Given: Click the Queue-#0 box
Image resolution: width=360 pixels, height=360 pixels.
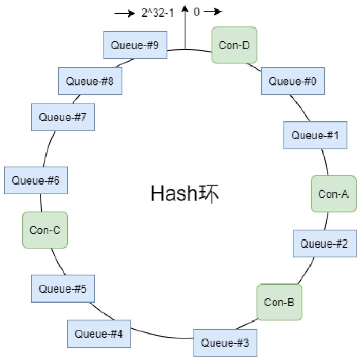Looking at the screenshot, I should (293, 81).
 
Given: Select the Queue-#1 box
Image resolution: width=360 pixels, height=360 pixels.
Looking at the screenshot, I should (315, 135).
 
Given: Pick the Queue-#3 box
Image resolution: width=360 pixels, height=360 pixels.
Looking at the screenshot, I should (225, 343).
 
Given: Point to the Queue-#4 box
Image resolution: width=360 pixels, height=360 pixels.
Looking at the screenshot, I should (99, 334).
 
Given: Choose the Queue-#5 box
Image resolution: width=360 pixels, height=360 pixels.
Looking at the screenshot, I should (63, 289).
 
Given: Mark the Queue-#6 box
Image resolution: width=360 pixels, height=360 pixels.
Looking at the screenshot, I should (36, 180).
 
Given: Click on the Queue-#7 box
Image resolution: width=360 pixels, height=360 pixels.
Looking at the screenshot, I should (63, 117).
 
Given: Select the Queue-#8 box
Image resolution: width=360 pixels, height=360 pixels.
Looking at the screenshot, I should (90, 81).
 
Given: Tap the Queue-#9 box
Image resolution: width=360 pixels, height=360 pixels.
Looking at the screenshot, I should (135, 45).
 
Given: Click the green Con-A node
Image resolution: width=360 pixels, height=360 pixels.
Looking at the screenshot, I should (334, 194).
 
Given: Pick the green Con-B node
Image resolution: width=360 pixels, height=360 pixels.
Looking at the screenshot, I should (279, 302).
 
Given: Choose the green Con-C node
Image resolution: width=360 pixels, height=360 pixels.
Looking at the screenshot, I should (45, 230).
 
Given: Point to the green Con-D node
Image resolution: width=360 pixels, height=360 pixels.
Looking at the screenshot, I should (234, 45).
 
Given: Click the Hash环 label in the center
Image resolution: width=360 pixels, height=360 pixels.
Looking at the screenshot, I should (185, 194).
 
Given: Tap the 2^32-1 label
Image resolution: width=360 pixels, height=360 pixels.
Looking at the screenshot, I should (158, 13).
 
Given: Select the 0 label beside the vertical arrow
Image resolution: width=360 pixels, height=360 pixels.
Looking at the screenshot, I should (196, 12).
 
